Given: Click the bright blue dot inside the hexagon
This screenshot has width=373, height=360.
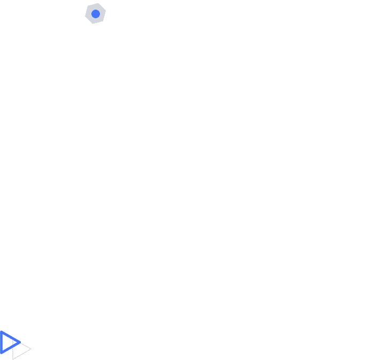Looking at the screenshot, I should click(96, 14).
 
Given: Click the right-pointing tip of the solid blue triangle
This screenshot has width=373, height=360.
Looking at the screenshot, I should click(20, 342).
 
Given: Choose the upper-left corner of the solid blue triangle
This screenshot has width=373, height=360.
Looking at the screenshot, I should click(1, 332).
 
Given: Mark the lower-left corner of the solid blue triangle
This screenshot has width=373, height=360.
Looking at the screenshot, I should click(1, 353).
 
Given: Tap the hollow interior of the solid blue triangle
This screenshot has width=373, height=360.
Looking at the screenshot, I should click(7, 342).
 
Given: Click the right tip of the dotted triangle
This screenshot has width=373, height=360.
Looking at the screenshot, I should click(31, 349).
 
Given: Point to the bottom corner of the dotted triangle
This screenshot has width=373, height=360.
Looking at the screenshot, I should click(12, 359).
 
